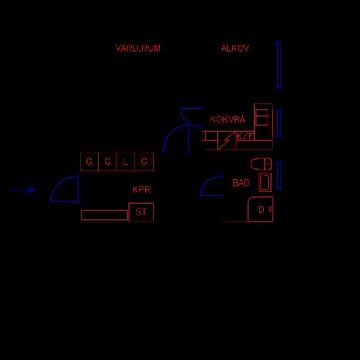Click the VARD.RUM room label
[x=137, y=48]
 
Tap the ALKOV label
[x=235, y=48]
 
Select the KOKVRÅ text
[x=228, y=119]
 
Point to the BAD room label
[x=241, y=183]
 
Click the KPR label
[x=141, y=190]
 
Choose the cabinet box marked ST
[x=141, y=212]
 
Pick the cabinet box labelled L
[x=126, y=162]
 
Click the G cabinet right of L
[x=145, y=162]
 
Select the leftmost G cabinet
[x=89, y=162]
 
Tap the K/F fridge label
[x=245, y=137]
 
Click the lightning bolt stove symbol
[x=226, y=140]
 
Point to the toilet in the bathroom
[x=261, y=164]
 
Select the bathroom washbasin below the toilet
[x=265, y=183]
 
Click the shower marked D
[x=261, y=209]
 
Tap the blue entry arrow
[x=23, y=190]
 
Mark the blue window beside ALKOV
[x=278, y=65]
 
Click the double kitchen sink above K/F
[x=262, y=117]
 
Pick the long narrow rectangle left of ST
[x=105, y=215]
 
